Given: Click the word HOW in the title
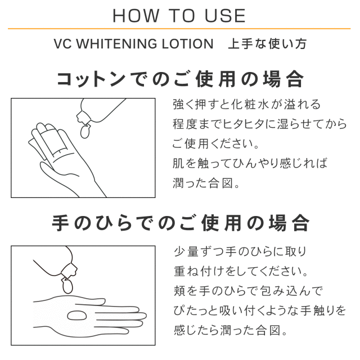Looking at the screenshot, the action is (136, 16).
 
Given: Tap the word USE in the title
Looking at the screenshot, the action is (225, 16).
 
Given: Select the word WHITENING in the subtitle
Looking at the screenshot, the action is (117, 44).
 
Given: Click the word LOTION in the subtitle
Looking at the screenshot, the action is (187, 44).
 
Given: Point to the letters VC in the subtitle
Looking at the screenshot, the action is (63, 44).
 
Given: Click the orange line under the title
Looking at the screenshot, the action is (179, 29).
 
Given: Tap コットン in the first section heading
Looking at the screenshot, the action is (91, 79).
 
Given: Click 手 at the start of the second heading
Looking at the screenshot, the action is (60, 223).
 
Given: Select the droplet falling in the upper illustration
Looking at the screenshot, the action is (85, 132).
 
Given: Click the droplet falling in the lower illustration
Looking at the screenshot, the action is (67, 286).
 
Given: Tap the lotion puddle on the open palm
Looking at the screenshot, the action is (76, 316).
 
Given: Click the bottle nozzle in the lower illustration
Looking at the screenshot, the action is (69, 271).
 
